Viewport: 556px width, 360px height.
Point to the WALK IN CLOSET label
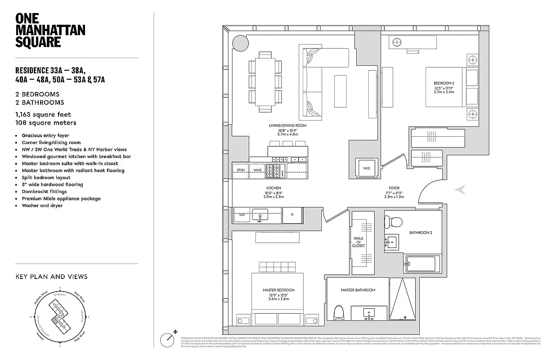[359, 242]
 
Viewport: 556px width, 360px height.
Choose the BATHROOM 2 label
[421, 233]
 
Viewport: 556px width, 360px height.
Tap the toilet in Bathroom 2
[395, 222]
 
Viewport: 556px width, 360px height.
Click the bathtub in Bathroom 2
[423, 263]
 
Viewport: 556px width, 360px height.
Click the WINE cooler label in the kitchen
[257, 170]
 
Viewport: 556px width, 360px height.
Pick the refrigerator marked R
[292, 215]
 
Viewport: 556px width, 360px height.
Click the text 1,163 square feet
[43, 115]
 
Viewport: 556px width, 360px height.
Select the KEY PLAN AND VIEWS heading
[51, 276]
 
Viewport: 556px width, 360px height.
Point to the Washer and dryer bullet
[42, 206]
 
